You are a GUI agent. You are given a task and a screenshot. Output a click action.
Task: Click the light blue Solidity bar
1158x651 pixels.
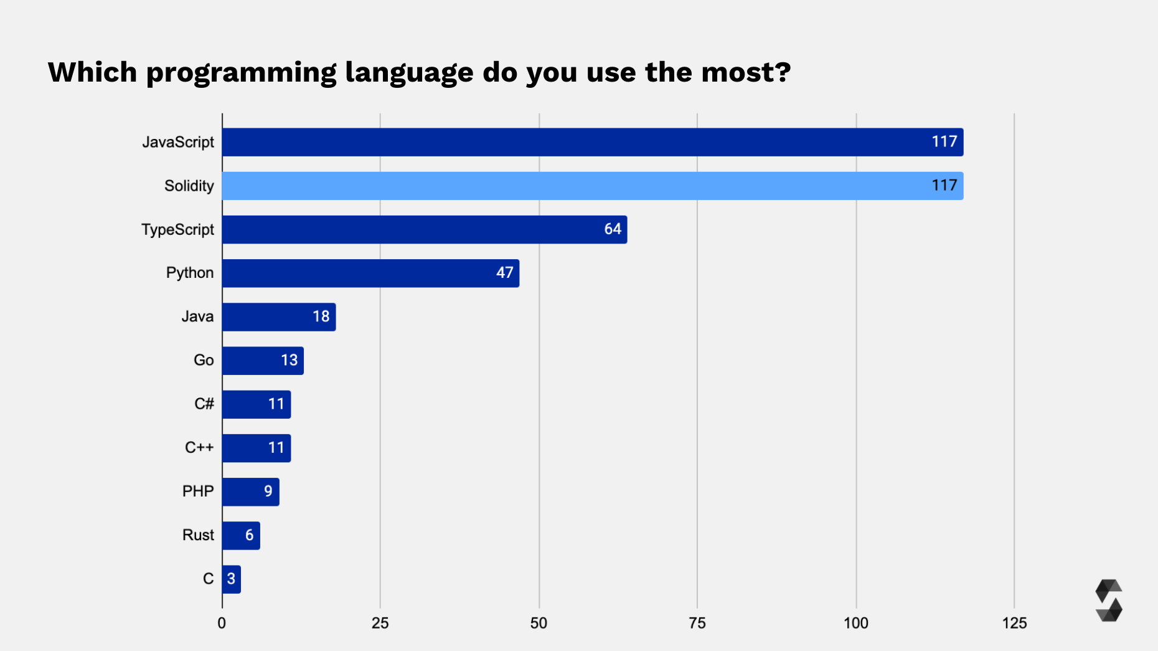point(591,186)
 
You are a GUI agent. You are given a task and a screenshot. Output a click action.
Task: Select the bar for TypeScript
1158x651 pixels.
point(423,229)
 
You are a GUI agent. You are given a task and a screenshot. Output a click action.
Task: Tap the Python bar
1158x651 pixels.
point(370,273)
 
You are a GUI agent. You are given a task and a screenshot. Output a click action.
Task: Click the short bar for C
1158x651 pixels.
point(231,579)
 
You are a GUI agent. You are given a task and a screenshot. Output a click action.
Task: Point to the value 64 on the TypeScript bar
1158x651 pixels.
point(613,229)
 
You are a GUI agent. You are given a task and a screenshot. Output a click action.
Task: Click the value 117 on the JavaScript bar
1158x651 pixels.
point(944,142)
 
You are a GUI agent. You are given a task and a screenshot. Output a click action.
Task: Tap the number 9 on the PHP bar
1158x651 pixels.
point(268,492)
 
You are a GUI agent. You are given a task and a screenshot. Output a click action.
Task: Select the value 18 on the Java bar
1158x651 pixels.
point(321,316)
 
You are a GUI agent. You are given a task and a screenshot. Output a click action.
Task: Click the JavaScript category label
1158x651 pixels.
point(178,142)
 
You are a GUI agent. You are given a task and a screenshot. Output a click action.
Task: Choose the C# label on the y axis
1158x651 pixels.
point(204,404)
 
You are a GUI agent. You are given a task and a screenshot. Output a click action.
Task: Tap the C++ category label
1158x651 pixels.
point(199,447)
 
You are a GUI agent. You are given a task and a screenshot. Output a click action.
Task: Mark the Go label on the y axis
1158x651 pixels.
point(204,360)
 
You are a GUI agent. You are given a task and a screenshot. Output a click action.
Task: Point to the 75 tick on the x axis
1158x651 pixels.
point(697,623)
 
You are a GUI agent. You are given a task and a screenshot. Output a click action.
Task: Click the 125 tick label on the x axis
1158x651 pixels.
point(1014,623)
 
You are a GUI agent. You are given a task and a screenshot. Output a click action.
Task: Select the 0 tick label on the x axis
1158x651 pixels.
point(222,623)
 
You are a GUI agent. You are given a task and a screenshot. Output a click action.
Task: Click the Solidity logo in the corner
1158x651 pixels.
point(1108,601)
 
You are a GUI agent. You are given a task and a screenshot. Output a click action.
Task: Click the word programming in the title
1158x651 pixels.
point(241,73)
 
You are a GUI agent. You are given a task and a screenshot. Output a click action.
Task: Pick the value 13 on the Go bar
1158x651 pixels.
point(289,360)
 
